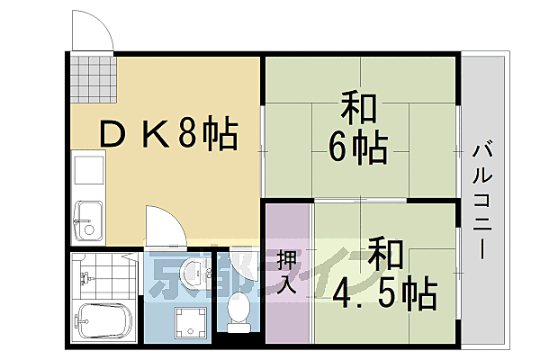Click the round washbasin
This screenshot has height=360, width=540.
pos(193,273)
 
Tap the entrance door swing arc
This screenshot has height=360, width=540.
pos(94,31)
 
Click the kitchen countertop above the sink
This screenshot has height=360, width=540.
pos(87,173)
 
